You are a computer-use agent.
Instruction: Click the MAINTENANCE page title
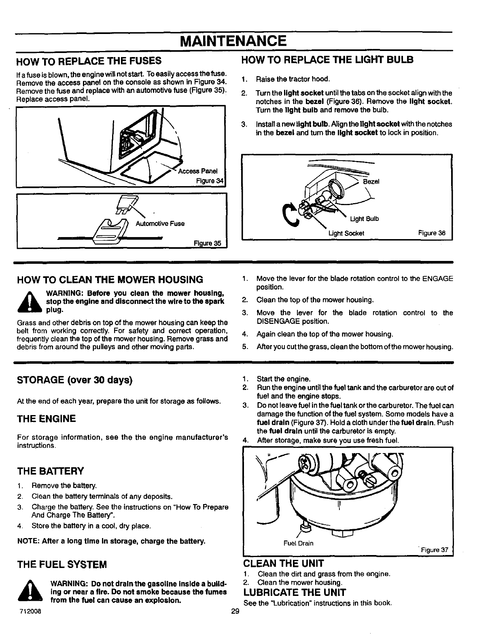[233, 41]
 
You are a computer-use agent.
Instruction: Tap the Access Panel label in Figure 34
[198, 171]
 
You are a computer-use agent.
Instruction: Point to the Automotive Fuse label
[160, 223]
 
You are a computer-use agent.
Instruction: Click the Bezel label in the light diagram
[371, 182]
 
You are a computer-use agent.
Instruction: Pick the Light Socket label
[346, 233]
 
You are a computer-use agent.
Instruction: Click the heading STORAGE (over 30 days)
[75, 381]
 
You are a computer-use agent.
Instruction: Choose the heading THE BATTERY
[50, 471]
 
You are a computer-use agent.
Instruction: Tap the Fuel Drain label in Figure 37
[299, 543]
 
